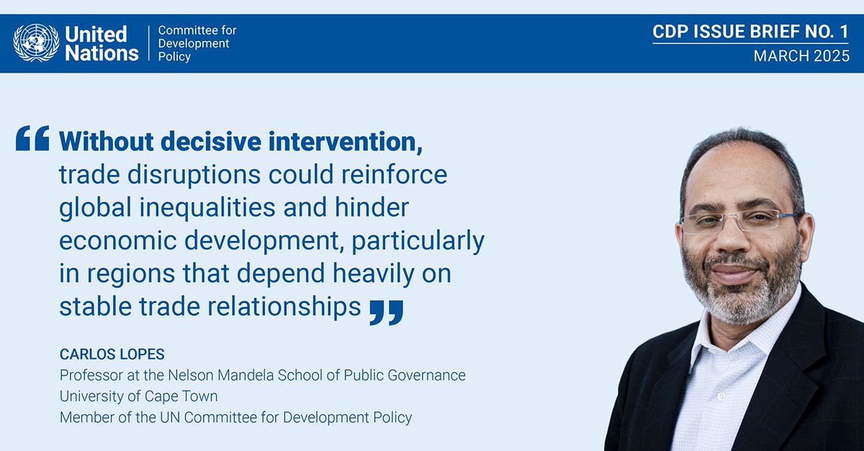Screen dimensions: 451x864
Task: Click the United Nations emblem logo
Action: tap(36, 42)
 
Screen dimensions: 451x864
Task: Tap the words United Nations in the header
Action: tap(102, 43)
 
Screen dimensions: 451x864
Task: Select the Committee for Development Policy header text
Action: tap(197, 43)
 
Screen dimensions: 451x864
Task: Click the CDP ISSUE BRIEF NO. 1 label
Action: tap(751, 32)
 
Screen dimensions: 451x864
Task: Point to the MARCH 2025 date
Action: tap(801, 56)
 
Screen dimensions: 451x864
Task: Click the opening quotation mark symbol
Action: tap(32, 138)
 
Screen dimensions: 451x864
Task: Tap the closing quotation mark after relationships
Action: tap(386, 311)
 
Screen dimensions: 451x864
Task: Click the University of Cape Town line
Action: tap(138, 396)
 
